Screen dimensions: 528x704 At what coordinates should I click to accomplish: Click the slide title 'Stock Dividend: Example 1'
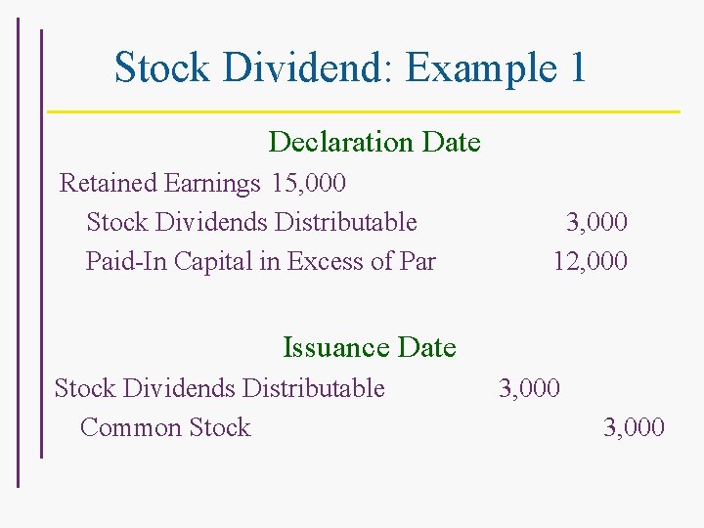[350, 67]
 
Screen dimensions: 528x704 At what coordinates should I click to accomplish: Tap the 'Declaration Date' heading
[374, 142]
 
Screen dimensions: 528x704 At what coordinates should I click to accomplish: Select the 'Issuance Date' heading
[369, 347]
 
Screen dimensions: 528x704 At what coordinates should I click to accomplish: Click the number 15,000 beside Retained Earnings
[310, 183]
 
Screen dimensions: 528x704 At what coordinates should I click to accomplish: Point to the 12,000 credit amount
[590, 261]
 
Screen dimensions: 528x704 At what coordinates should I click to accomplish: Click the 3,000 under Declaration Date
[596, 222]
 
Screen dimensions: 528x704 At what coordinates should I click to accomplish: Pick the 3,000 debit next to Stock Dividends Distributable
[529, 388]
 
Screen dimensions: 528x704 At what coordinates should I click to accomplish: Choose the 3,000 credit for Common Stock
[634, 427]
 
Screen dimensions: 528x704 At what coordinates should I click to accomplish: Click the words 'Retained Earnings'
[160, 183]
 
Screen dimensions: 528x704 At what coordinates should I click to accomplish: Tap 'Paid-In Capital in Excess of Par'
[260, 261]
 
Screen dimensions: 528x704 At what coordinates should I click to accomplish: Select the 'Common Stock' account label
[165, 427]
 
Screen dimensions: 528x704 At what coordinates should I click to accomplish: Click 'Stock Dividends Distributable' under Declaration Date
[251, 222]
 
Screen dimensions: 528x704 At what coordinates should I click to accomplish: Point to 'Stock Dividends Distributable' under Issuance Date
[219, 388]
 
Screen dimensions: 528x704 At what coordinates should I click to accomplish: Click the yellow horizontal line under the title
[364, 111]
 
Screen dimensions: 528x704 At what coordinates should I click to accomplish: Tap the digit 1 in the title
[575, 67]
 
